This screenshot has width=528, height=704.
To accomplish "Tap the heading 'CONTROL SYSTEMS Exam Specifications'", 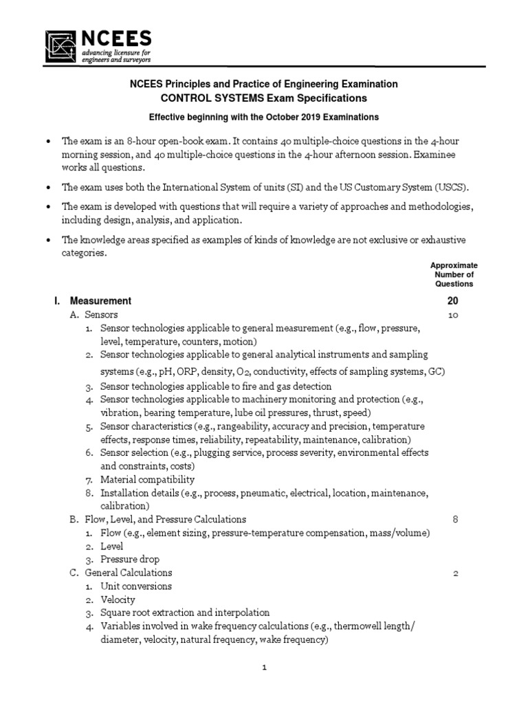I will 264,99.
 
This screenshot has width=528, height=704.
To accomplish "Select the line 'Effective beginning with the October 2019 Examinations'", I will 264,118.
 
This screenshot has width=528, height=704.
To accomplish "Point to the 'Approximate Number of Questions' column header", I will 453,274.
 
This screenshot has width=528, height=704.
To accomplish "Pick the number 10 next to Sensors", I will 453,315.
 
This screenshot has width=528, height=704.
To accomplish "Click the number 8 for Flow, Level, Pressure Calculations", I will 455,519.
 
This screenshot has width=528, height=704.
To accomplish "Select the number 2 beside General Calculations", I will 455,573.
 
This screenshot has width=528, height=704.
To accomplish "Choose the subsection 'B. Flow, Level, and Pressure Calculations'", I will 157,519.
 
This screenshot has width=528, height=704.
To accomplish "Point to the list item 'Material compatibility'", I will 147,479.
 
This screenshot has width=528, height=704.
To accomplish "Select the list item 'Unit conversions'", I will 136,586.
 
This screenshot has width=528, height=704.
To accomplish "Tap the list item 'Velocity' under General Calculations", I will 118,599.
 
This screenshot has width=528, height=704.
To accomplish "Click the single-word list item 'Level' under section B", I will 112,546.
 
